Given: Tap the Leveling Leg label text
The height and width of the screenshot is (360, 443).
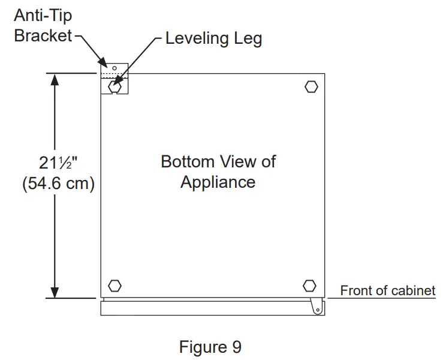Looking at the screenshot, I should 213,39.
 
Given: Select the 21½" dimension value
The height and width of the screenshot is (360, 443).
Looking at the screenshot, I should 58,162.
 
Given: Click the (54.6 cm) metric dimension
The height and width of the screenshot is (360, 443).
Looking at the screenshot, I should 58,184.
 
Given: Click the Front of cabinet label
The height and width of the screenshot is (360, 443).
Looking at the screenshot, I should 387,291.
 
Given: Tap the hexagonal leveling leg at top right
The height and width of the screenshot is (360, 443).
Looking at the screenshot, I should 311,86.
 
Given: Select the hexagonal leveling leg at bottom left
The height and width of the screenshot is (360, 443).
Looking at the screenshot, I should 114,286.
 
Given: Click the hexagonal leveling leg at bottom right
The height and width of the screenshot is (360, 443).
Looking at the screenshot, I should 309,284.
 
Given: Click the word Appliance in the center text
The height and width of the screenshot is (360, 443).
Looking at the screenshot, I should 218,182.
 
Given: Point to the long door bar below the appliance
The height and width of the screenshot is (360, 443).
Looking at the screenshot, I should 210,308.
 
